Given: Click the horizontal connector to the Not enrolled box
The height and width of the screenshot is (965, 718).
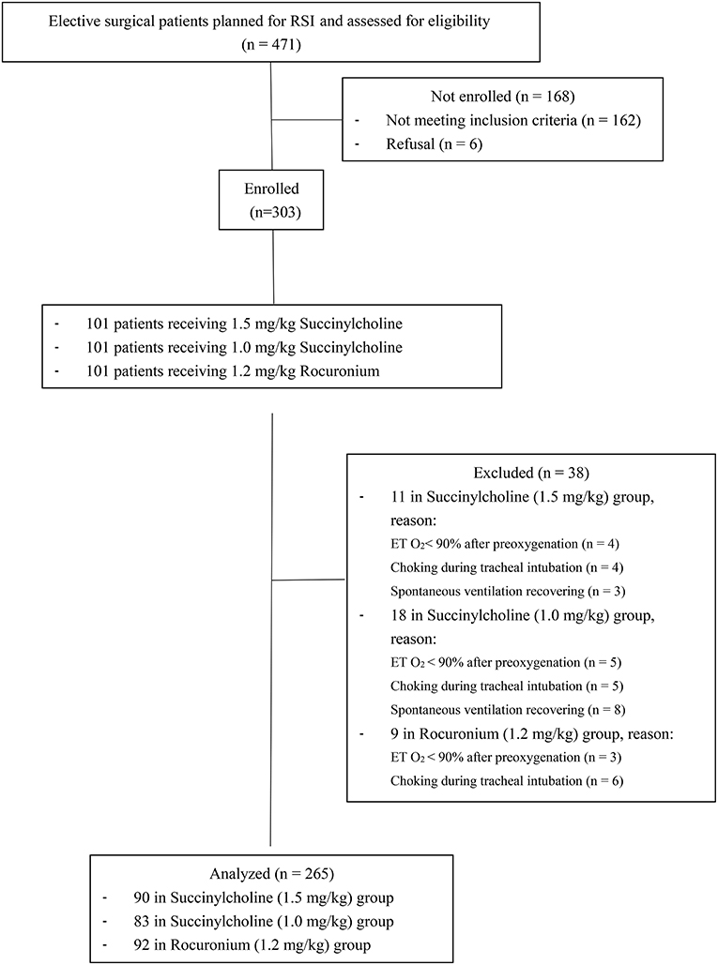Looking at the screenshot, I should click(x=306, y=119).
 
